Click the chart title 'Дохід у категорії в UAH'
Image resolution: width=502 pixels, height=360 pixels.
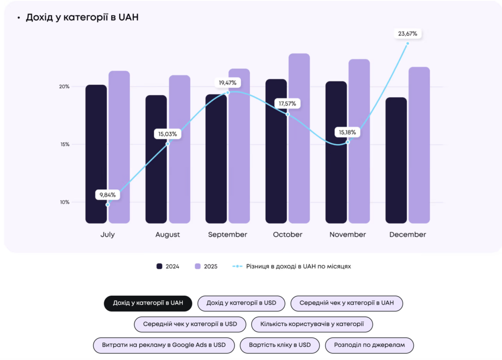(x=82, y=18)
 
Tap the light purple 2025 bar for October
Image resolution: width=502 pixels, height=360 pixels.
(x=299, y=147)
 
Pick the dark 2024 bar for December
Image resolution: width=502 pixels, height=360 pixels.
(x=396, y=162)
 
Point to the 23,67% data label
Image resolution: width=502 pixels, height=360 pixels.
(x=408, y=34)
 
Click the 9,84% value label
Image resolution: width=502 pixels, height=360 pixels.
(x=107, y=195)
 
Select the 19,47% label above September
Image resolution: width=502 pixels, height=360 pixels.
(x=227, y=82)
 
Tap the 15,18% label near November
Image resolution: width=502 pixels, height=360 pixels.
(x=348, y=132)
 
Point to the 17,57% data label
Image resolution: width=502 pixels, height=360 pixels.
(x=288, y=104)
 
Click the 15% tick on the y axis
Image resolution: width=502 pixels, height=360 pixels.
(x=64, y=145)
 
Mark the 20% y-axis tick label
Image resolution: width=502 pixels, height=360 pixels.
(x=64, y=87)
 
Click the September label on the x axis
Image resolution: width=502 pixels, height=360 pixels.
(x=227, y=234)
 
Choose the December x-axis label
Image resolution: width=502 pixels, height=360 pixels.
(x=407, y=234)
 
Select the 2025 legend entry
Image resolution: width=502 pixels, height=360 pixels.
(x=206, y=266)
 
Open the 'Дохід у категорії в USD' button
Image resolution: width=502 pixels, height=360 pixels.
(x=241, y=303)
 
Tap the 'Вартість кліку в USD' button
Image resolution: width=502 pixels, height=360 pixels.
(x=279, y=345)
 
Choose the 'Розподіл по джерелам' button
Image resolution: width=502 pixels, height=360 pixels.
(x=369, y=345)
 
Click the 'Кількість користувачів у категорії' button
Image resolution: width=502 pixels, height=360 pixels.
(x=312, y=324)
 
